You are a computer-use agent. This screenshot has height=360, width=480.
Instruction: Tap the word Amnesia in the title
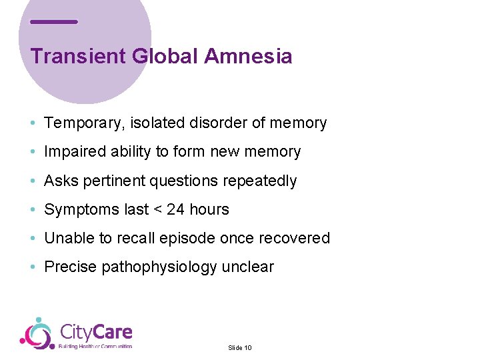(x=248, y=56)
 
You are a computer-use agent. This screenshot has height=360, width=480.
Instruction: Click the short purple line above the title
(x=54, y=22)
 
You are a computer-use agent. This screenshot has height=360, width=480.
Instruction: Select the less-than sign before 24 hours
(x=158, y=210)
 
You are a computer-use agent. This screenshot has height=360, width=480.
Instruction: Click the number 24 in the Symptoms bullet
(x=176, y=209)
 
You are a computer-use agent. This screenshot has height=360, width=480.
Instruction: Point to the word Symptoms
(x=82, y=210)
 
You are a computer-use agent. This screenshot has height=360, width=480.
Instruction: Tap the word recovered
(x=297, y=238)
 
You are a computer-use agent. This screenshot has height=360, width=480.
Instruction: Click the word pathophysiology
(x=159, y=267)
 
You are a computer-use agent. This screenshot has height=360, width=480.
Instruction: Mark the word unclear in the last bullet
(x=247, y=267)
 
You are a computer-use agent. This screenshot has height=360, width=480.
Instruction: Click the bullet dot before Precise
(x=33, y=267)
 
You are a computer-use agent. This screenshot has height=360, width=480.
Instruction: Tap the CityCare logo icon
(x=37, y=333)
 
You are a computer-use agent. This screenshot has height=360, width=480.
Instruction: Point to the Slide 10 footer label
(x=239, y=348)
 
